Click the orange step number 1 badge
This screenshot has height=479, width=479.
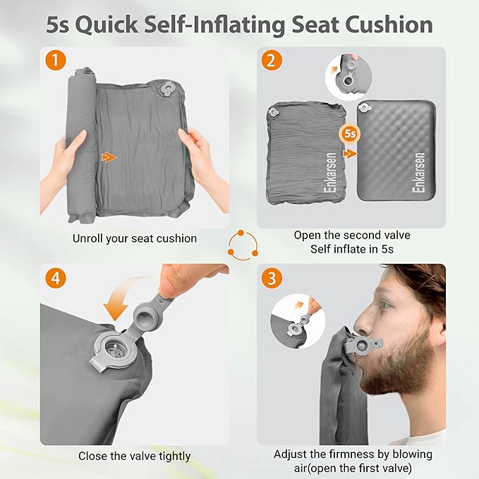click(x=55, y=60)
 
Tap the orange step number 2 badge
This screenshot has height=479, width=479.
click(x=272, y=60)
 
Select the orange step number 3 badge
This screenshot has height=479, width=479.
click(x=272, y=278)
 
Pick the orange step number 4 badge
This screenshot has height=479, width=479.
click(x=55, y=278)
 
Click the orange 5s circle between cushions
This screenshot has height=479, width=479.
click(x=350, y=133)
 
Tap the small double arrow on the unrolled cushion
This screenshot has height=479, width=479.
click(x=109, y=157)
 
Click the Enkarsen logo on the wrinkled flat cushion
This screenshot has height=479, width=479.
click(x=330, y=173)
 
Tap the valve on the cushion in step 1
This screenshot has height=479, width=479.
click(x=166, y=89)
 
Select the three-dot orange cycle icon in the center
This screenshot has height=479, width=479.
click(x=243, y=245)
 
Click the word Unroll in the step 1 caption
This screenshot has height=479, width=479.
click(x=87, y=238)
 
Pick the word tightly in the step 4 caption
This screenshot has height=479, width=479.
click(x=175, y=456)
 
